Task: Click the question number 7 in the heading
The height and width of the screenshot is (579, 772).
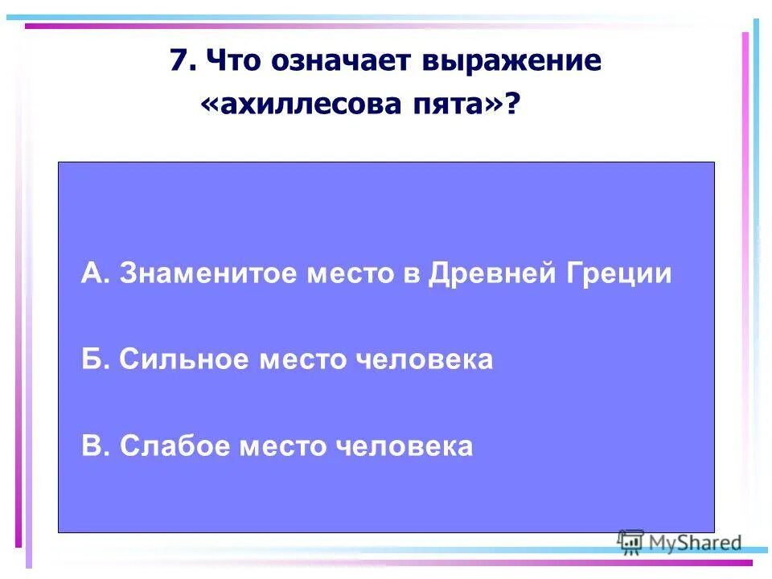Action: [x=179, y=61]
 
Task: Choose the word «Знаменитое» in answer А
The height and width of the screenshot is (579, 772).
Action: [x=208, y=274]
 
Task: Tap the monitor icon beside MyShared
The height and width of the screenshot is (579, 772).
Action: [x=631, y=542]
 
